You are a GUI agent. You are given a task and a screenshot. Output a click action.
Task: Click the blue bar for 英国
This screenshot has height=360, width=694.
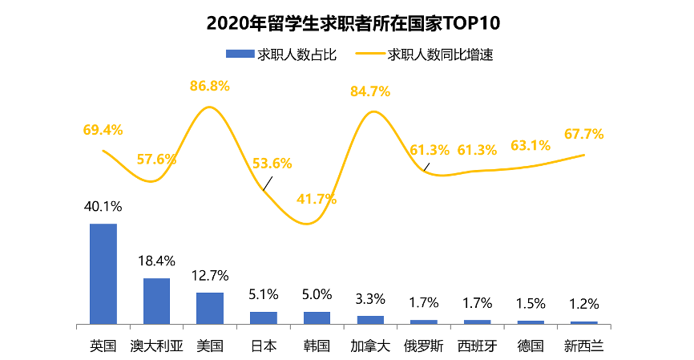[103, 273]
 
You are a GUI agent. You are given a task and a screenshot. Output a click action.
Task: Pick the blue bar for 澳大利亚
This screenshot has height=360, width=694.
[156, 301]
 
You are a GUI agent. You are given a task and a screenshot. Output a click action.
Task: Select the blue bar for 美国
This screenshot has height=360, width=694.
[210, 308]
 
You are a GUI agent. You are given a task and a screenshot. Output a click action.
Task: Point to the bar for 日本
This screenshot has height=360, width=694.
[263, 318]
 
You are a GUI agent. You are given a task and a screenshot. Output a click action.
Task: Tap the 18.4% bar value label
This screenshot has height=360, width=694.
[156, 261]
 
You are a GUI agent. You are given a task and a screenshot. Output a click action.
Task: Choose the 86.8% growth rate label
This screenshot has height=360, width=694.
[210, 85]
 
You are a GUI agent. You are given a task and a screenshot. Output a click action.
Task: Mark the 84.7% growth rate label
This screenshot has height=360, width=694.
[370, 91]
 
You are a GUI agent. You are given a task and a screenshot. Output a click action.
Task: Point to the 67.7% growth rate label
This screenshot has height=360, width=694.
[583, 134]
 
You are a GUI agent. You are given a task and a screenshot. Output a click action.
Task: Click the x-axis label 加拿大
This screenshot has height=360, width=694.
[370, 346]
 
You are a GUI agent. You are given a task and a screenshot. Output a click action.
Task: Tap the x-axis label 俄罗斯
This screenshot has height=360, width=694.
[423, 346]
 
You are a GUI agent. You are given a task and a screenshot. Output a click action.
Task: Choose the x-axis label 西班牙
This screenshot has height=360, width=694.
[477, 346]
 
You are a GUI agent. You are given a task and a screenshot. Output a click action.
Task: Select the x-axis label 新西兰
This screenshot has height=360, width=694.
[583, 346]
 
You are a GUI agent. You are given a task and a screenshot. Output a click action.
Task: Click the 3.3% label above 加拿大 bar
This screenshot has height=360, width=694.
[370, 299]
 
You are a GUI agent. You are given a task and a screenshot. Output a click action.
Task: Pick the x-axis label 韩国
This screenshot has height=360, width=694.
[317, 346]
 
